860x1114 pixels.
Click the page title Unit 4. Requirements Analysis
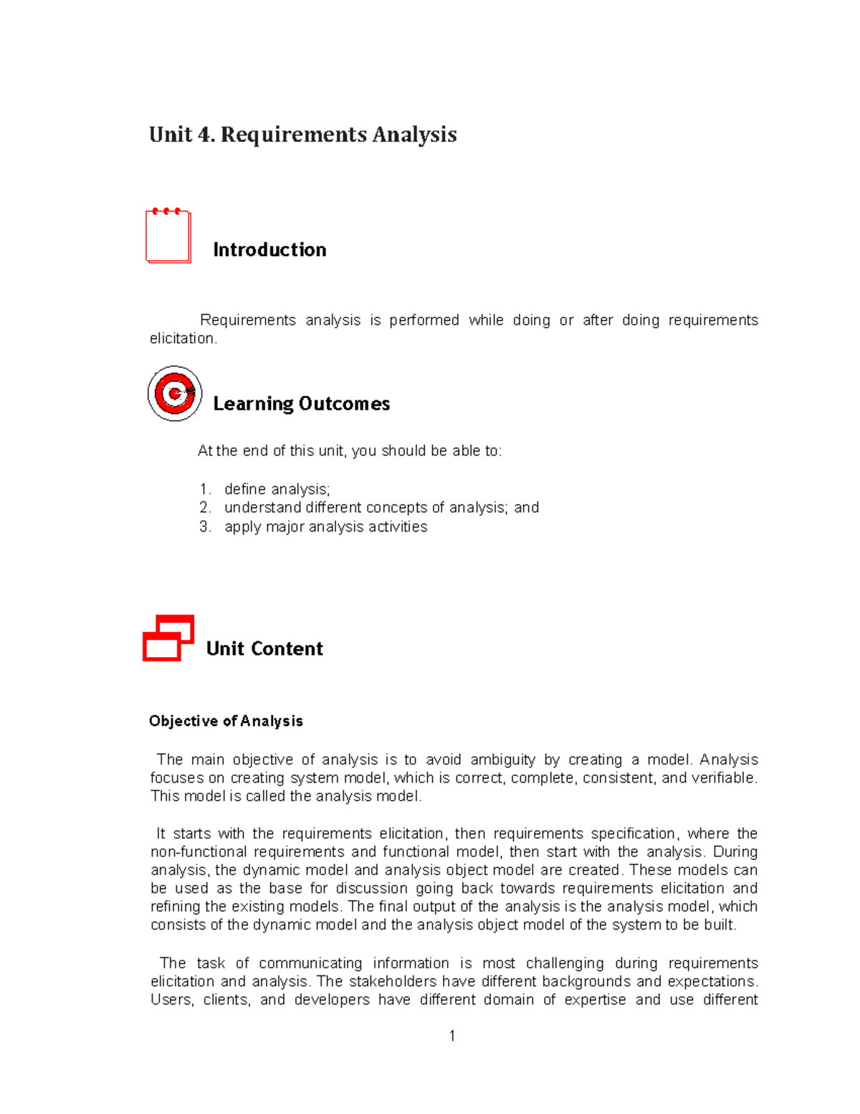click(x=302, y=135)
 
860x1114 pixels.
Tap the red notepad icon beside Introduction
click(x=168, y=236)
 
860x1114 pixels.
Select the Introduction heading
click(x=269, y=250)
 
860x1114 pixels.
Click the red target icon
click(x=174, y=393)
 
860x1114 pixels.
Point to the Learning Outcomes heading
click(x=301, y=404)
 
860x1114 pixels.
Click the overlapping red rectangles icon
click(x=168, y=638)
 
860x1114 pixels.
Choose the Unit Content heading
click(x=264, y=648)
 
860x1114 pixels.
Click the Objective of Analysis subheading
click(x=226, y=721)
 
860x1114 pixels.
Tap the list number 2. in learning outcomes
click(x=205, y=508)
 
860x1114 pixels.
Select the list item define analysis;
click(x=277, y=489)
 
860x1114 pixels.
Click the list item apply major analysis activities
click(x=325, y=527)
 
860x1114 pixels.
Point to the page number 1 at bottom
click(x=451, y=1035)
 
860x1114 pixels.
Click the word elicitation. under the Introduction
click(x=183, y=339)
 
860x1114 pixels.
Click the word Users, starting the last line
click(x=171, y=1000)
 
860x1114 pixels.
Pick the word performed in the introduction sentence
click(x=424, y=320)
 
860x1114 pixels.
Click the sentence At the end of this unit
click(x=350, y=451)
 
